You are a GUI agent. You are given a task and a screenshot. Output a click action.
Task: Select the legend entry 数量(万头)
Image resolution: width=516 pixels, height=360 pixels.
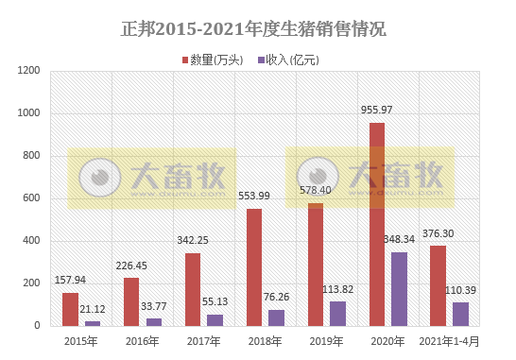click(215, 60)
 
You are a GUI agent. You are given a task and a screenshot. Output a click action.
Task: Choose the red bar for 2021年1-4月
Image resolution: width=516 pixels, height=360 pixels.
click(439, 285)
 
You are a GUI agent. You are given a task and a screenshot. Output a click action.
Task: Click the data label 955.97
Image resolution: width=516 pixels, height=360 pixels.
click(377, 111)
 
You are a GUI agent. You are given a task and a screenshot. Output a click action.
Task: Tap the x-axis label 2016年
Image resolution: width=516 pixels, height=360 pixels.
click(143, 341)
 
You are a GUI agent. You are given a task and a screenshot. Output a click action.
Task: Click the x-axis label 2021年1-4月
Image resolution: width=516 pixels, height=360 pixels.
click(450, 341)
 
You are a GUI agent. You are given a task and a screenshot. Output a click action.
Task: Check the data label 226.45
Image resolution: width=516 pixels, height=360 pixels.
click(131, 266)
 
